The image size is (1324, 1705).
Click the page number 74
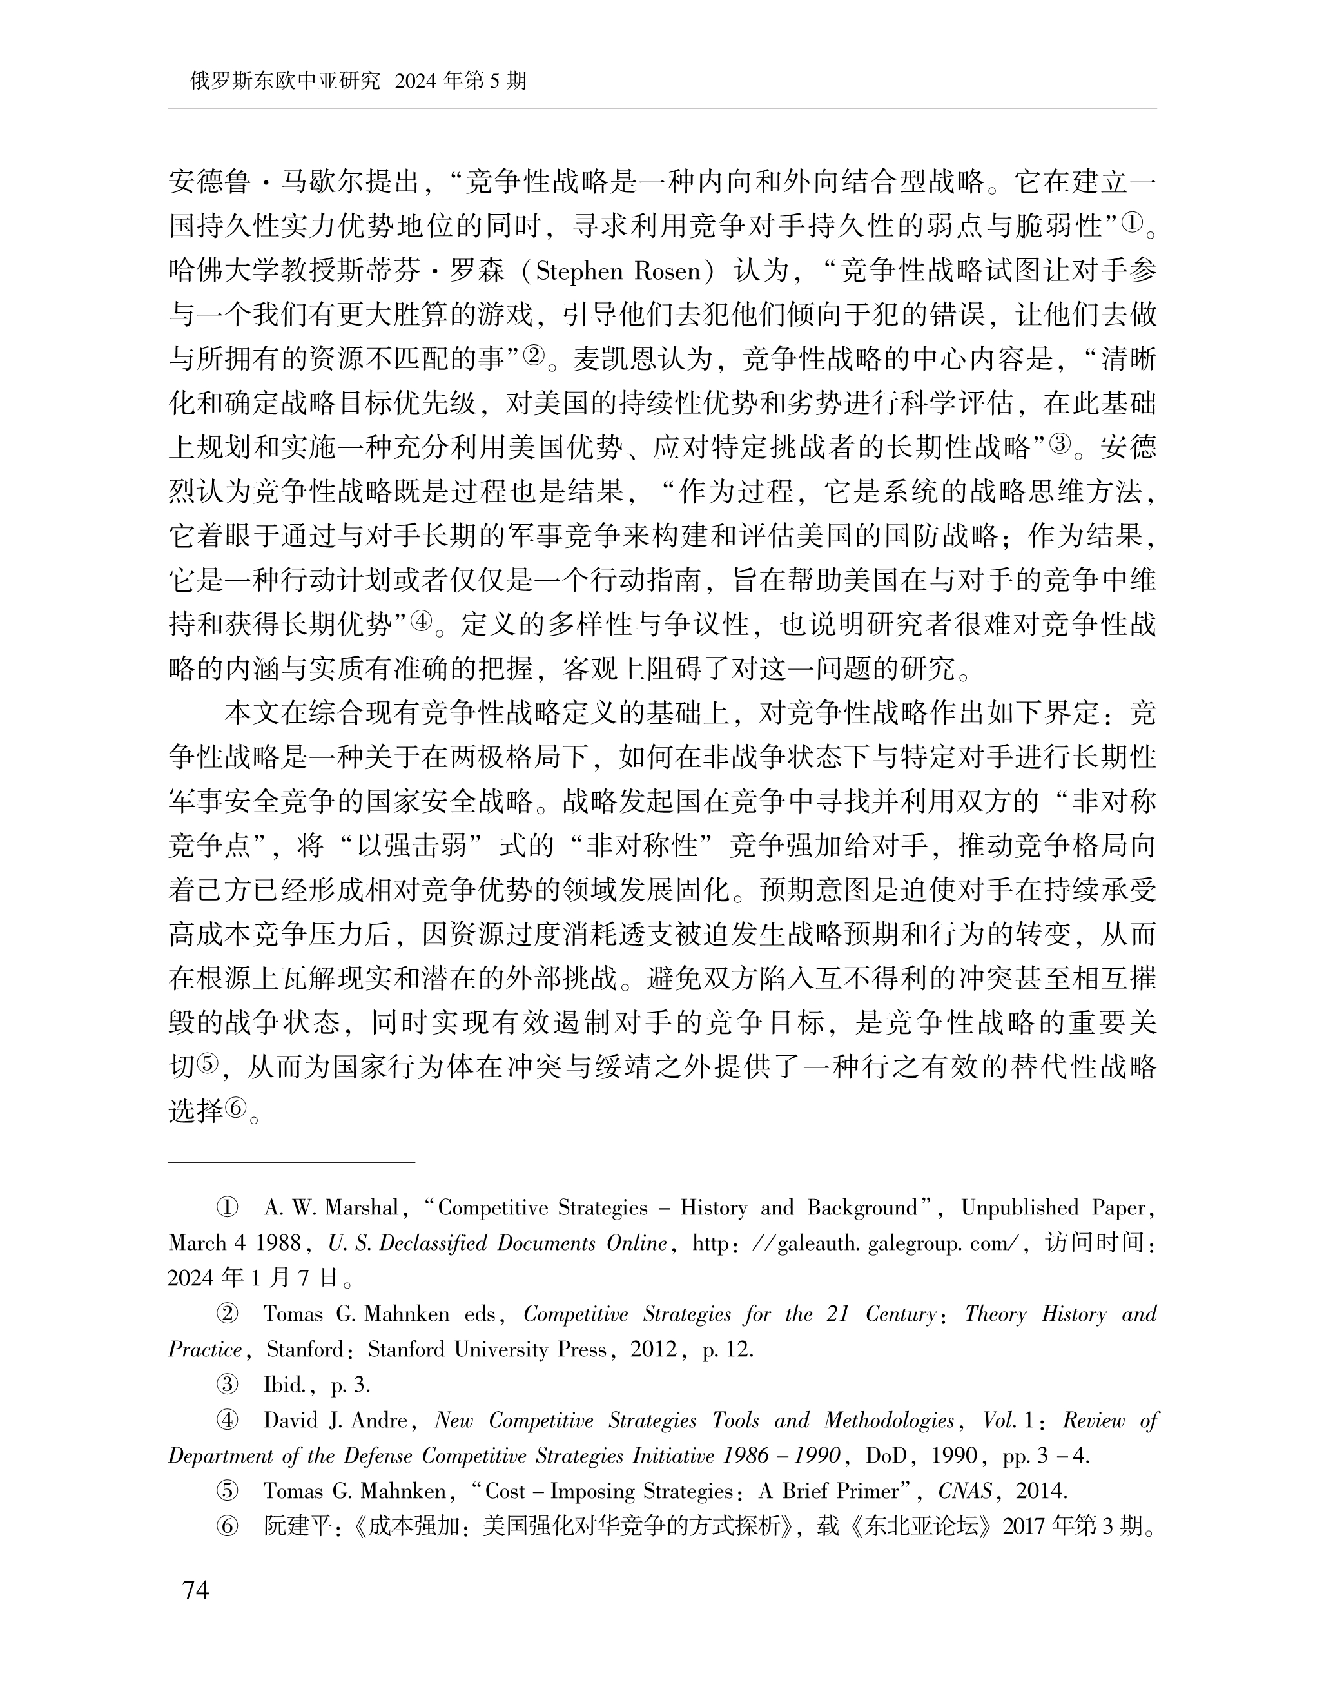pos(195,1590)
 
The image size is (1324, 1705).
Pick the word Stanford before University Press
pos(405,1350)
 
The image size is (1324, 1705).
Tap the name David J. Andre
pos(336,1420)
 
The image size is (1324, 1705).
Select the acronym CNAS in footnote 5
pos(965,1491)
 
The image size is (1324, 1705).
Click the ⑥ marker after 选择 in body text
pos(236,1109)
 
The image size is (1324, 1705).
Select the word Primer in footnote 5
pos(868,1491)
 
